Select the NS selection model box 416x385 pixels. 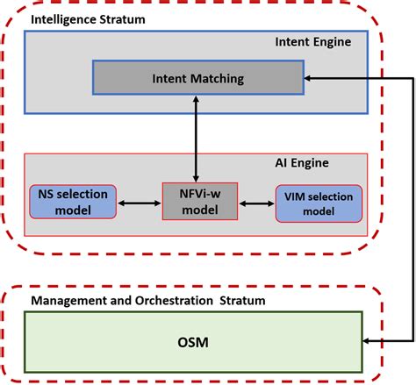[74, 202]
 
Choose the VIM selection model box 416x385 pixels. [319, 203]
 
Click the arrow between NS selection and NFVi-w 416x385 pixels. [140, 203]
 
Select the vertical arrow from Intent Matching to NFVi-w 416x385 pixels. [196, 138]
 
